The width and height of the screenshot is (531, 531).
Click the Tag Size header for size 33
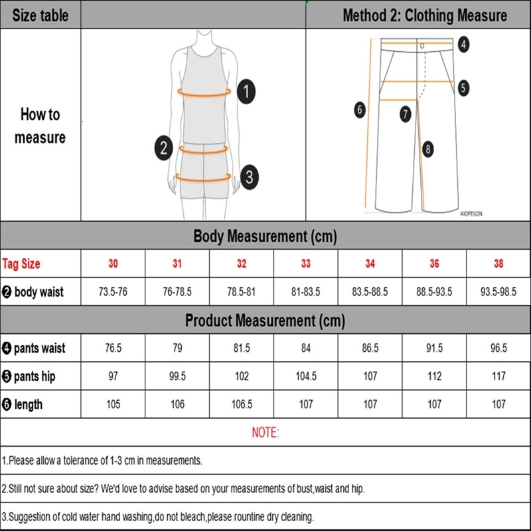point(305,264)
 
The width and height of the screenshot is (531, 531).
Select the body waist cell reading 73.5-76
point(113,291)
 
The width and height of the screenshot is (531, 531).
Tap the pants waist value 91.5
point(434,348)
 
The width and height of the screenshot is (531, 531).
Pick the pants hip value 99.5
point(177,376)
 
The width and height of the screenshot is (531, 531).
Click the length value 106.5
point(242,404)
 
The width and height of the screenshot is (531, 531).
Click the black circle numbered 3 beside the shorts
point(248,177)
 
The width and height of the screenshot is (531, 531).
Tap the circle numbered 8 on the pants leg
point(428,149)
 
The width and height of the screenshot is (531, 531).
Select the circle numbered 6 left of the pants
point(360,110)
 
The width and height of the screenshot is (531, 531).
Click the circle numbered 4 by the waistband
point(463,44)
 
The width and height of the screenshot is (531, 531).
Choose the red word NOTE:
point(265,433)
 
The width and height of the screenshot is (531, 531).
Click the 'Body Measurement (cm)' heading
point(265,236)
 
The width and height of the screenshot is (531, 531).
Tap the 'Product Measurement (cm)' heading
point(265,321)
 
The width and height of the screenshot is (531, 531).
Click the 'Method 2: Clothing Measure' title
point(425,15)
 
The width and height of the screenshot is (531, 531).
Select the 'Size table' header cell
point(40,15)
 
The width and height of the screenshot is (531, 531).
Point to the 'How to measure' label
point(40,125)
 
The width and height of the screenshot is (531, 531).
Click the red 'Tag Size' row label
point(21,264)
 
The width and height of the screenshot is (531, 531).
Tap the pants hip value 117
point(498,376)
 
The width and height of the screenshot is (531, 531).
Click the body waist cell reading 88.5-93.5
point(434,291)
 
